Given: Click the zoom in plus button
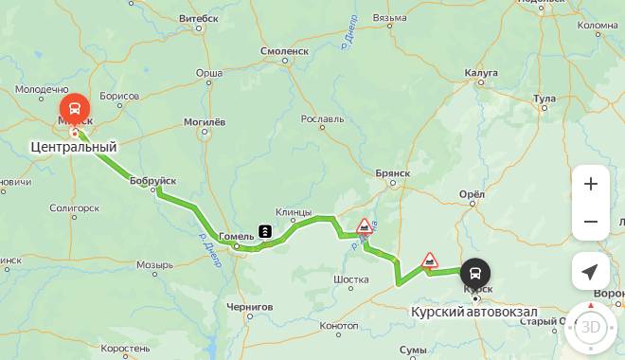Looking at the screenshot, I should [591, 184].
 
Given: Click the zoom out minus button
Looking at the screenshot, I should [591, 222].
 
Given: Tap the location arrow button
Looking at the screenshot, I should [591, 272].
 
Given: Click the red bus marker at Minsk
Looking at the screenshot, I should [75, 108].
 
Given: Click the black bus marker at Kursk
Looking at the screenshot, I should [475, 274].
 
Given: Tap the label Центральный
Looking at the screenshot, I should [74, 147].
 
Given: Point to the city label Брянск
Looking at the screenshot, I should [391, 173].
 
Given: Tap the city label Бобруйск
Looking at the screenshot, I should [153, 180].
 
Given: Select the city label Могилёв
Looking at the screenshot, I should [204, 122].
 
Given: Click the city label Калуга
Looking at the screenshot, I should [481, 72].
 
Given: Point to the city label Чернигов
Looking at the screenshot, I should [250, 307].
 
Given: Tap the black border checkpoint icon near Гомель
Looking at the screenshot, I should [265, 230].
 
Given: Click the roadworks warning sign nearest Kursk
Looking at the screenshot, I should [430, 260].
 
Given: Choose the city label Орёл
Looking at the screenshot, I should [472, 194].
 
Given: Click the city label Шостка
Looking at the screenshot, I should [351, 279].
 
